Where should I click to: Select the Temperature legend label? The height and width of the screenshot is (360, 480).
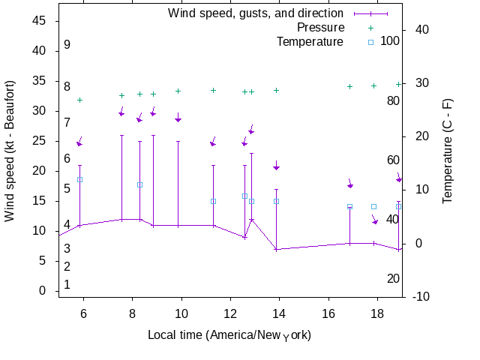coord(310,41)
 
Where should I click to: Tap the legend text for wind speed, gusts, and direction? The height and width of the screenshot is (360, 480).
coord(255,13)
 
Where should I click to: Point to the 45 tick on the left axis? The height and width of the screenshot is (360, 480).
coord(38,21)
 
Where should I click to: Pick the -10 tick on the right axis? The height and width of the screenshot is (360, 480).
coord(421,297)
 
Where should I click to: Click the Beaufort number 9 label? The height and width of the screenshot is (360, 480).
coord(67,45)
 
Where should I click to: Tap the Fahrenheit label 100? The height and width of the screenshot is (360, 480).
coord(390,40)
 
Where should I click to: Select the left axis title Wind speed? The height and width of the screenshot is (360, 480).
coord(10,150)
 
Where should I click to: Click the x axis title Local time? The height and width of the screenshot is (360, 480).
coord(229,334)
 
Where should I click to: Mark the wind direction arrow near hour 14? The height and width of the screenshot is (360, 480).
coord(277,166)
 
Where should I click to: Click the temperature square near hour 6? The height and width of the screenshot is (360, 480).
coord(79,179)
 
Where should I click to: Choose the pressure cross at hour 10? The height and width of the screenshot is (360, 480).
coord(178,91)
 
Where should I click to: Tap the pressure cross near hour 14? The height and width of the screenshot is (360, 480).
coord(276,90)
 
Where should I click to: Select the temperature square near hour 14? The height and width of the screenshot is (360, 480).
coord(276,201)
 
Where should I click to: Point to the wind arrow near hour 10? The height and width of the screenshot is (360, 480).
coord(178,118)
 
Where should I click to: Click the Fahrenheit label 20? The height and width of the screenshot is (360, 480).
coord(393,279)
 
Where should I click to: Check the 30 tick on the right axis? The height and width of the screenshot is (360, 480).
coord(421,83)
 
